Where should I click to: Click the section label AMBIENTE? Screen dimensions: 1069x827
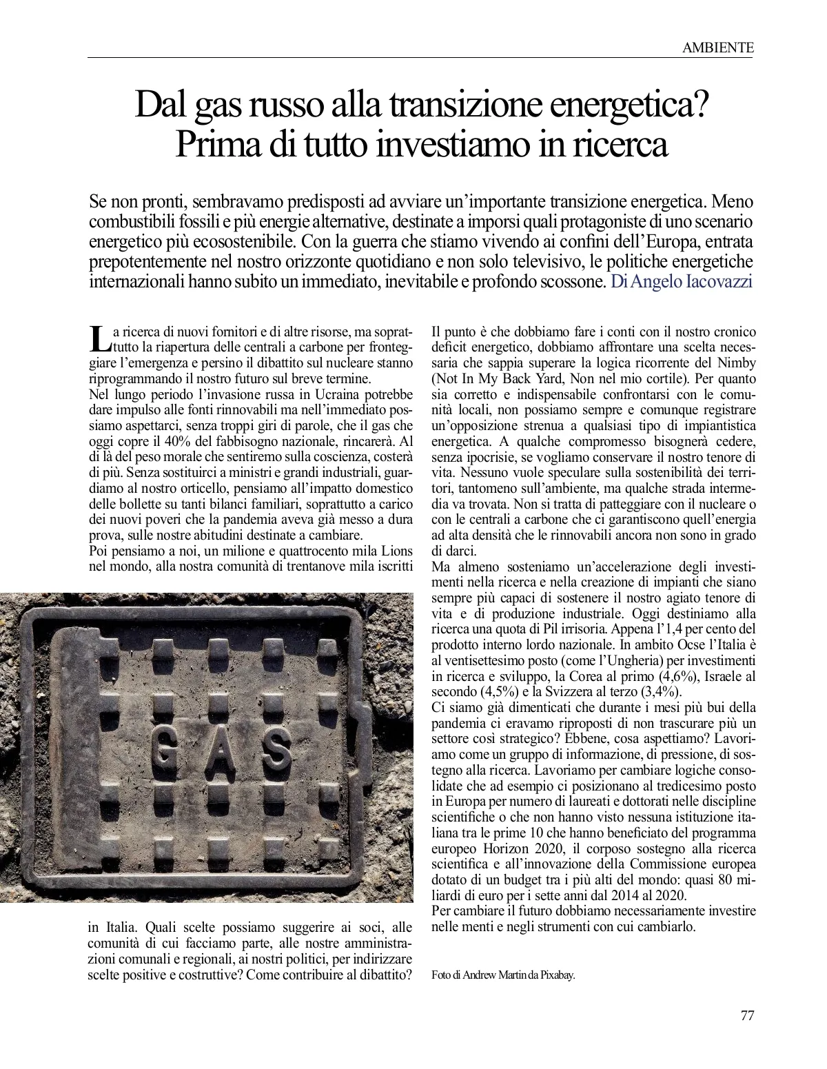[717, 48]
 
